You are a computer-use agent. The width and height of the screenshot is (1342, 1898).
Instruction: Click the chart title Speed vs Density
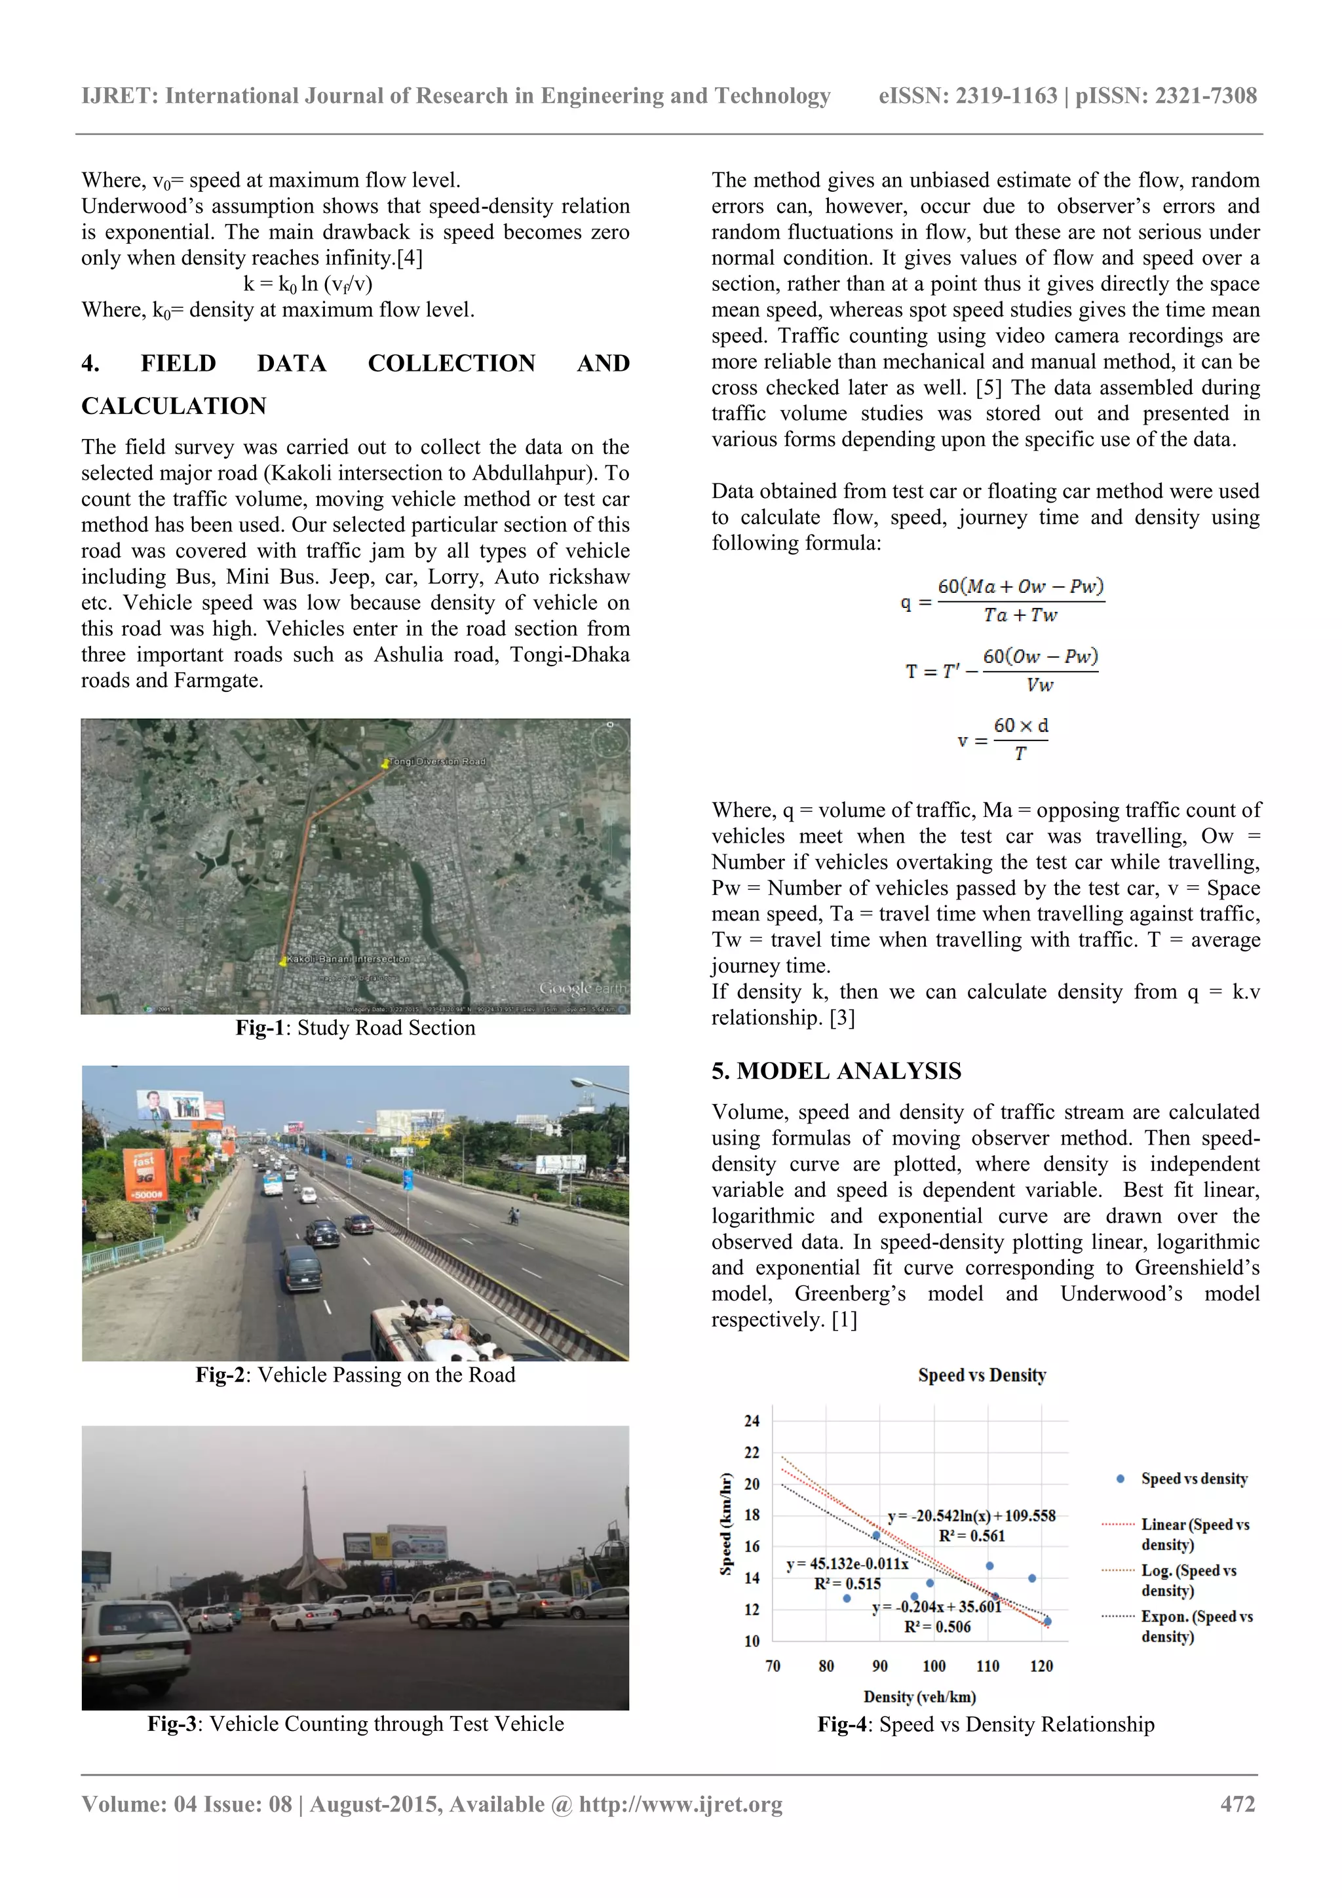982,1375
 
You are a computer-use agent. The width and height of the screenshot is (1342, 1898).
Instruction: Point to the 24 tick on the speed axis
752,1421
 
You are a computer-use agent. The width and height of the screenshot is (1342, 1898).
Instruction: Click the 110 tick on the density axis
987,1665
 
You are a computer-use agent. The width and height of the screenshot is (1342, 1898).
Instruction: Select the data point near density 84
847,1598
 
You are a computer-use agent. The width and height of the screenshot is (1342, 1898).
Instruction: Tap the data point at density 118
1032,1578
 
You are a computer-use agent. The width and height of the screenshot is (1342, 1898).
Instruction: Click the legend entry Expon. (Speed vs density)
1196,1626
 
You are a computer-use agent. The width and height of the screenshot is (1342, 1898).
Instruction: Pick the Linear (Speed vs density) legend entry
1195,1534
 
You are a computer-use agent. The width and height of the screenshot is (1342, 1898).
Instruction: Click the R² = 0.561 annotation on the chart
972,1536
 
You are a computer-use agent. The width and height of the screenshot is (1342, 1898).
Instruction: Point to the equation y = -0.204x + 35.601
936,1607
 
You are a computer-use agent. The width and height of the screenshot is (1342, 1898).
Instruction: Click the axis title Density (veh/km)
919,1696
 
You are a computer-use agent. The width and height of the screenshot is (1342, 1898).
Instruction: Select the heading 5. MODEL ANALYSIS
836,1071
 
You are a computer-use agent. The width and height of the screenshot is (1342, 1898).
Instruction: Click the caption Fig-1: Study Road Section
356,1027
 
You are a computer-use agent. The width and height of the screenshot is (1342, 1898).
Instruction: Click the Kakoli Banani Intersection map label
348,959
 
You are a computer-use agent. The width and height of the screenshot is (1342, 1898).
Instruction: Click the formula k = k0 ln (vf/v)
307,284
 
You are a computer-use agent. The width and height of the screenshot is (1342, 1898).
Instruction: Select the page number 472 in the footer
1237,1804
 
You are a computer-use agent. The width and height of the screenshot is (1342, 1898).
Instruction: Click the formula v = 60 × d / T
1002,739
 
